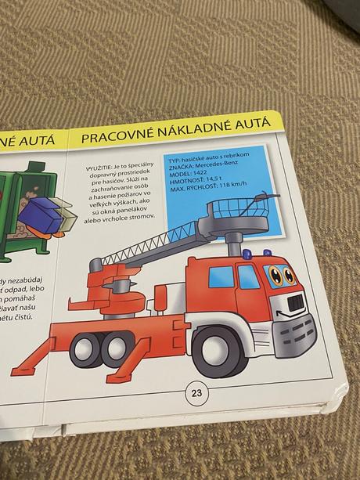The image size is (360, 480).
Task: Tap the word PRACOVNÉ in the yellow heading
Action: click(x=114, y=137)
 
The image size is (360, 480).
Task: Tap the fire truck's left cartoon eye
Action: click(x=275, y=275)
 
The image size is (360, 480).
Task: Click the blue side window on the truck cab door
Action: click(x=221, y=276)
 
